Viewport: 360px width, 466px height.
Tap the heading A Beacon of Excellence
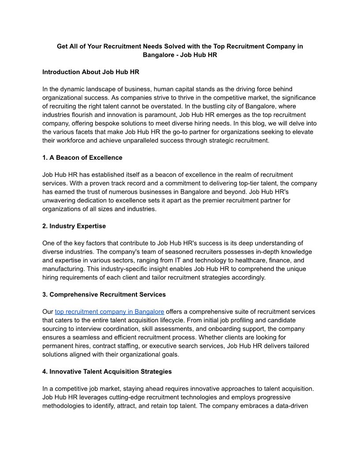tap(82, 158)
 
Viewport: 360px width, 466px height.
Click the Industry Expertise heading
tap(74, 226)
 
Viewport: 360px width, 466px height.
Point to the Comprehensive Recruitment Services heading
tap(104, 294)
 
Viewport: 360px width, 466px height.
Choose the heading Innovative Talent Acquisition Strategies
tap(107, 372)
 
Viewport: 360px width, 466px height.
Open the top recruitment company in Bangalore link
tap(109, 312)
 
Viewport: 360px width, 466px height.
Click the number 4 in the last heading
tap(45, 372)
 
